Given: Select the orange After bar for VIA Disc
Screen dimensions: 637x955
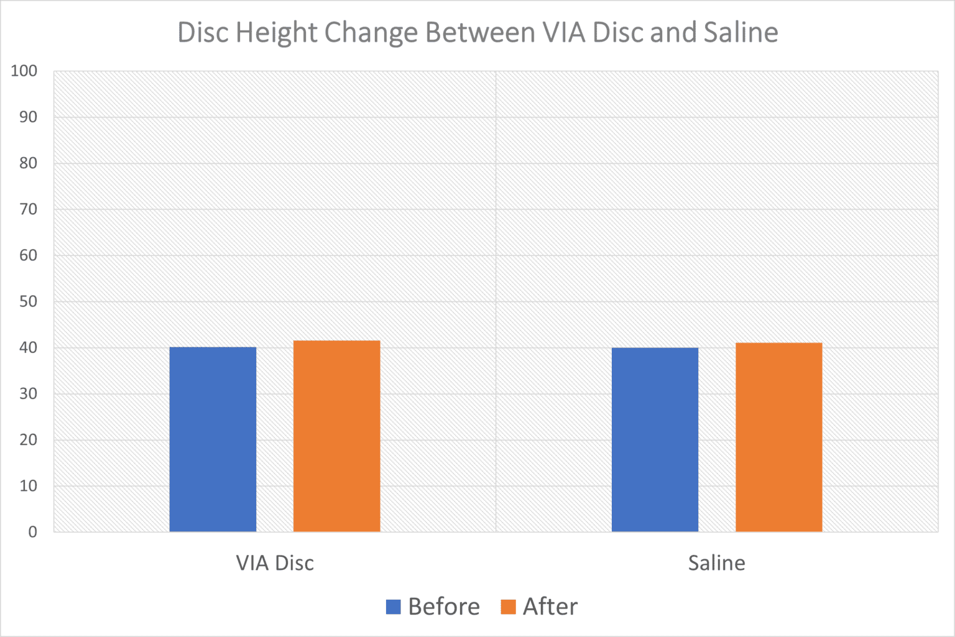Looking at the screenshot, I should pos(336,436).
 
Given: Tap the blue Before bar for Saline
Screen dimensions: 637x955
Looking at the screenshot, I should pos(655,439).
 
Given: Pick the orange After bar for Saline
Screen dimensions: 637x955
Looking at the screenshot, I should pos(778,437).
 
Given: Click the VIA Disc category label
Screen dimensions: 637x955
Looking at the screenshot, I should pos(275,563).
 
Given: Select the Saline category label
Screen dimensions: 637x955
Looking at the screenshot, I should pos(716,563).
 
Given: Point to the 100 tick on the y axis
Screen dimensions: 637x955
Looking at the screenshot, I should pos(24,71).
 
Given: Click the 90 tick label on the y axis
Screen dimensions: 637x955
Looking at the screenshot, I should pos(28,117).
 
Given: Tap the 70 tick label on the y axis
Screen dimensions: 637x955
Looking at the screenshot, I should pos(28,209).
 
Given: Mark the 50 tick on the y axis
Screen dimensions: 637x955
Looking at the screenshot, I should pos(28,301).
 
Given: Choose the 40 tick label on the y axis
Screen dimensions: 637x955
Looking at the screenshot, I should pos(28,347).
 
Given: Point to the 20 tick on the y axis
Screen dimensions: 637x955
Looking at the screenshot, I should pos(28,440).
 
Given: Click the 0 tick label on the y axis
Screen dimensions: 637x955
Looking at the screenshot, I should pos(32,532).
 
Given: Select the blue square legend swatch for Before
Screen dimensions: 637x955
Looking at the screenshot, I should pos(394,607).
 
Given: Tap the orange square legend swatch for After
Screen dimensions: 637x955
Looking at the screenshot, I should pos(508,607).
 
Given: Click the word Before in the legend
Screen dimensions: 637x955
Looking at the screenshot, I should pos(444,607).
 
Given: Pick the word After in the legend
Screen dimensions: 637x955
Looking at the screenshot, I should pos(550,607).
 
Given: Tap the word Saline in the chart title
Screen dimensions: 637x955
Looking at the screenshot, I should pos(740,32).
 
